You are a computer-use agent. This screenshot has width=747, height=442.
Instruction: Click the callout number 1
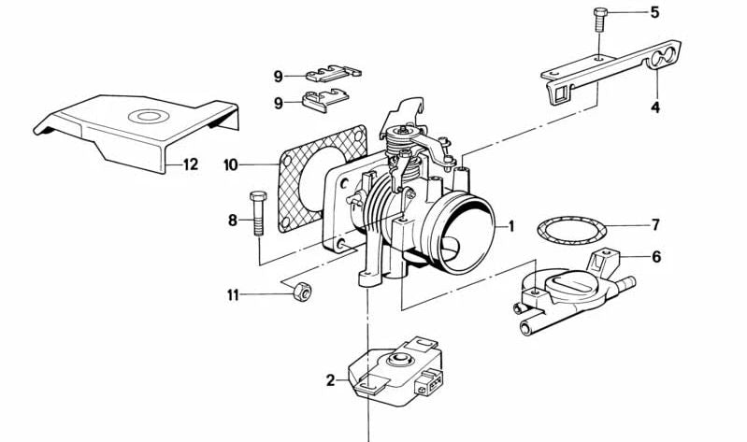(x=510, y=225)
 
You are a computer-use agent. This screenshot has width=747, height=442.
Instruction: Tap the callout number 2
(x=330, y=380)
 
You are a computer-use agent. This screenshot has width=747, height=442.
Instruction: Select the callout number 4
(x=655, y=107)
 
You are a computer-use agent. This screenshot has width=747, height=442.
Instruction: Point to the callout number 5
(x=654, y=13)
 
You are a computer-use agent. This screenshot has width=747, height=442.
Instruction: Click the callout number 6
(x=655, y=256)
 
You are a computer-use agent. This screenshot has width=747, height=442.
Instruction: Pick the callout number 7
(x=655, y=225)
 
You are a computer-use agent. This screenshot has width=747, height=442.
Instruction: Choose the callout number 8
(x=233, y=221)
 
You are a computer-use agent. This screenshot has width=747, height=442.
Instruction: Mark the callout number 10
(x=231, y=165)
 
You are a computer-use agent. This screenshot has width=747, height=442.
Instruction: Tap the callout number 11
(x=233, y=295)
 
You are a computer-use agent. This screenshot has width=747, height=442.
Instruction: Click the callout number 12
(x=190, y=165)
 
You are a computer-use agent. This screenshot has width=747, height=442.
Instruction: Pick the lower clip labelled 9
(x=323, y=97)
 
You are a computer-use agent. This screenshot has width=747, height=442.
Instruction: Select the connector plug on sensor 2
(x=432, y=383)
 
